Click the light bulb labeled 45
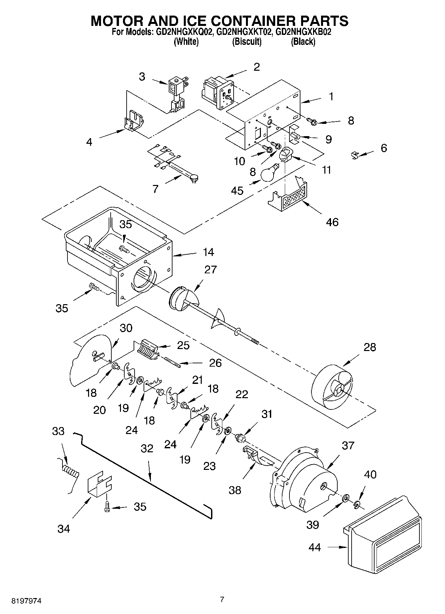(270, 173)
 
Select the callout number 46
(332, 222)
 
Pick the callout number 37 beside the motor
(348, 445)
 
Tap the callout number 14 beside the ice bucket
(208, 252)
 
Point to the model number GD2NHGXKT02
(245, 33)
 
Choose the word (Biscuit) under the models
(247, 42)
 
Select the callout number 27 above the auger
(210, 269)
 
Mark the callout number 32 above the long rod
(147, 448)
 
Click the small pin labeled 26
(172, 362)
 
